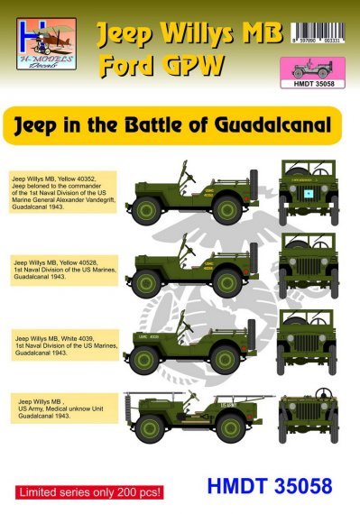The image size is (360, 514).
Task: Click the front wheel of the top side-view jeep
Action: click(226, 213)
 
